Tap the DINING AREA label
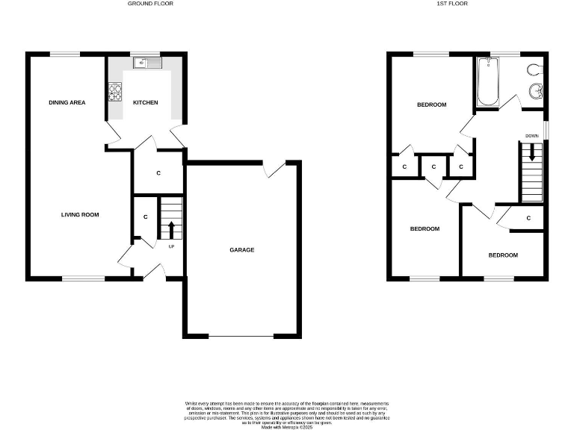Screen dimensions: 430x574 67,102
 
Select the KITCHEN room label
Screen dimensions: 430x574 145,102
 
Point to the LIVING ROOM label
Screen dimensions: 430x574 80,215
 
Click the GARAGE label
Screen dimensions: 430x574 241,250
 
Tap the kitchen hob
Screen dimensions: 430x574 116,93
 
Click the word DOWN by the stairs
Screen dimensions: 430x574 531,136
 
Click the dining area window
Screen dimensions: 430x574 65,54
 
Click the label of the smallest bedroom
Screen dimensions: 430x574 503,255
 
